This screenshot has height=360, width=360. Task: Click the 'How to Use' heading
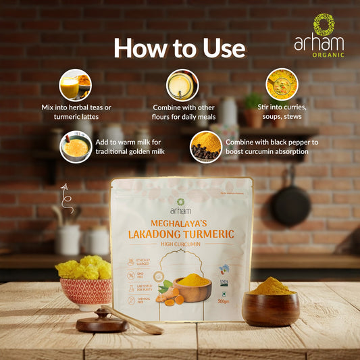[x=179, y=47]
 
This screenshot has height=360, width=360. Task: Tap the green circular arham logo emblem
[x=324, y=26]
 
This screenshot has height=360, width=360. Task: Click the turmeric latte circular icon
[x=74, y=85]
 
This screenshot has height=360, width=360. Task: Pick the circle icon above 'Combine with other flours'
[x=182, y=85]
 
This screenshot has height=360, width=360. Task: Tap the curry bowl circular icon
[x=282, y=85]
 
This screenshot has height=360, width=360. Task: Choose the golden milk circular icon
[x=76, y=147]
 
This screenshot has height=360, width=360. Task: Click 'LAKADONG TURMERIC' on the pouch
[x=181, y=234]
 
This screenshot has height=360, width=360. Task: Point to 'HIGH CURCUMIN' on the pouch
[x=181, y=246]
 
